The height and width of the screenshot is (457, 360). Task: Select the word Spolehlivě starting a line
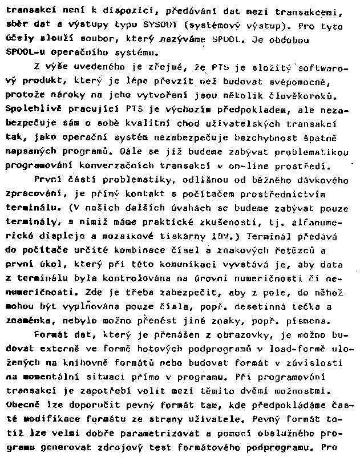(x=29, y=108)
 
